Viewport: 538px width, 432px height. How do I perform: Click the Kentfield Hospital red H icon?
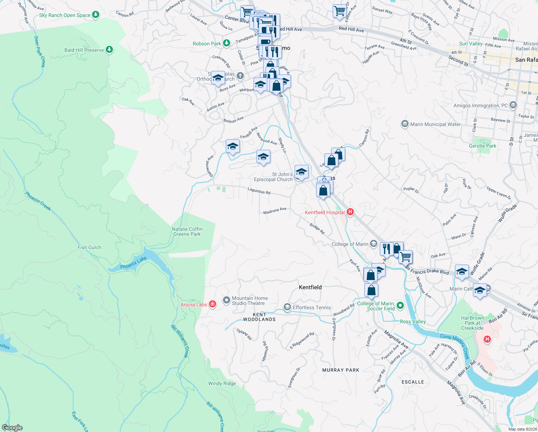tap(350, 212)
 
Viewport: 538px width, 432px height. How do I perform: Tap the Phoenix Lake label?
tap(133, 263)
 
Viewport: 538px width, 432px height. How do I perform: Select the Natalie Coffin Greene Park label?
tap(187, 231)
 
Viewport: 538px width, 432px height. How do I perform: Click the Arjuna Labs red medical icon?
tap(213, 305)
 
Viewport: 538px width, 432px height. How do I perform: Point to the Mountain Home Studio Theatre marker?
tap(226, 300)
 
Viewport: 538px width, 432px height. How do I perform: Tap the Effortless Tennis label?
tap(311, 307)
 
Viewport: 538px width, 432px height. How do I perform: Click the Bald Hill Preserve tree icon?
tap(109, 50)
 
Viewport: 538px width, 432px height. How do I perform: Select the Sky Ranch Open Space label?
tap(65, 15)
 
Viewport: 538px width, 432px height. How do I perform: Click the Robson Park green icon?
tap(226, 43)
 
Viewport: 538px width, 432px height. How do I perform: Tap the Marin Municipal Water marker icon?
tap(405, 124)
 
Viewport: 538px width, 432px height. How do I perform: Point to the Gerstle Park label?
tap(482, 146)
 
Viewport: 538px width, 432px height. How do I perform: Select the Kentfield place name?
tap(310, 287)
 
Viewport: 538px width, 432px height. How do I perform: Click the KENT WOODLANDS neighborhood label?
tap(259, 317)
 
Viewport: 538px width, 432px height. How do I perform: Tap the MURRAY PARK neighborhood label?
tap(341, 370)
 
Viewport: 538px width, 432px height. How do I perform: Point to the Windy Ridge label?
tap(222, 383)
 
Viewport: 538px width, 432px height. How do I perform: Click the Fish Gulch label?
tap(89, 247)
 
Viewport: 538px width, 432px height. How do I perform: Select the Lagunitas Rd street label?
tap(259, 191)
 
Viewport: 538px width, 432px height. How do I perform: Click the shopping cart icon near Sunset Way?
tap(339, 11)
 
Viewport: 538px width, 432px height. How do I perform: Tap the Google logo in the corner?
tap(12, 427)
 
